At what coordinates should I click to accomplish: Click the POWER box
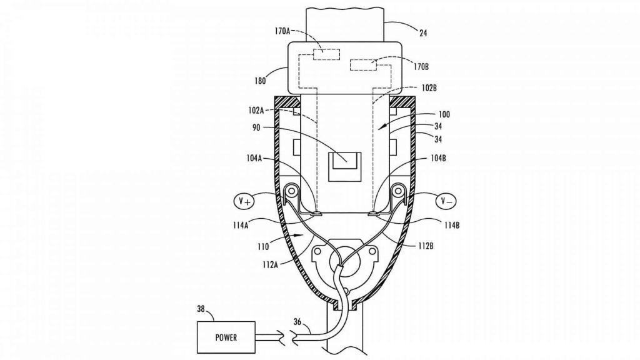click(x=226, y=337)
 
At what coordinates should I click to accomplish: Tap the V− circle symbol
click(x=446, y=201)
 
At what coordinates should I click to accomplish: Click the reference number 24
click(x=423, y=33)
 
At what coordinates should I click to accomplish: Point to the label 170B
click(x=421, y=66)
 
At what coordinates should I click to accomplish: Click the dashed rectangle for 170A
click(x=326, y=54)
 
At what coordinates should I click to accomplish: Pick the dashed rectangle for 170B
click(x=363, y=65)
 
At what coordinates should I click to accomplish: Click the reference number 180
click(x=259, y=81)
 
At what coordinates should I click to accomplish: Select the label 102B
click(x=429, y=87)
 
